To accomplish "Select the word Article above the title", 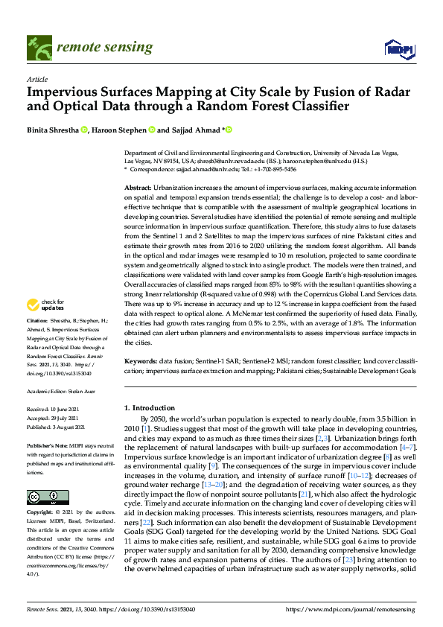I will (37, 79).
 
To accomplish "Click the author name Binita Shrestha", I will (54, 130).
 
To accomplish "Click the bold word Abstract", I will (138, 189).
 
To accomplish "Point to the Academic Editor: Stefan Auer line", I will (63, 390).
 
